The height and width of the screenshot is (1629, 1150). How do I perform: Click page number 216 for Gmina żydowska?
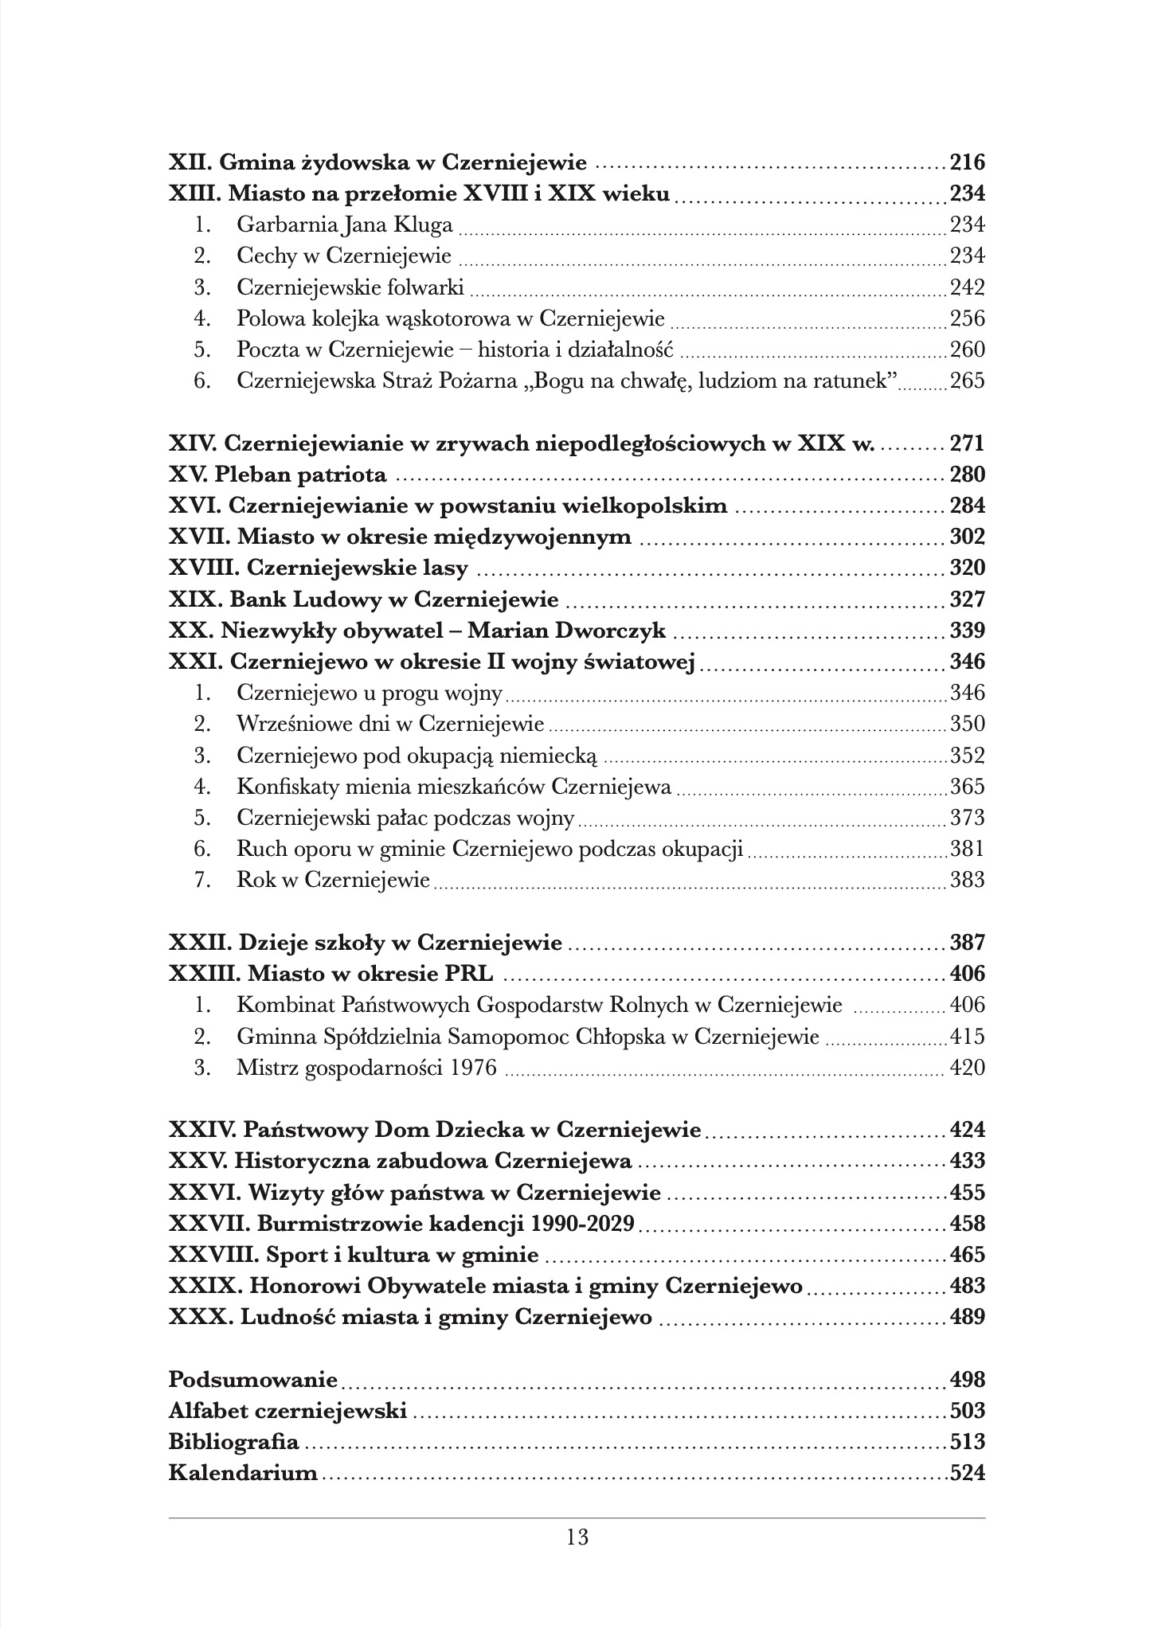point(968,163)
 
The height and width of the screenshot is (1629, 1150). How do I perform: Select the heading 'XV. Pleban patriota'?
point(278,475)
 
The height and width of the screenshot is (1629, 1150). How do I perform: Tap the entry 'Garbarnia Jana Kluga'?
point(344,225)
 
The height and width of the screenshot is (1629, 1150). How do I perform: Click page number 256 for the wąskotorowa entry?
point(968,319)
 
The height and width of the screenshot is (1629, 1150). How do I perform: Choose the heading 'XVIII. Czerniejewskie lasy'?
point(319,568)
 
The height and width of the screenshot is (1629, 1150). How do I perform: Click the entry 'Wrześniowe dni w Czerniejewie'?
point(390,725)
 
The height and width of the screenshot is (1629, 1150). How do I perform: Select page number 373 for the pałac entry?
point(968,818)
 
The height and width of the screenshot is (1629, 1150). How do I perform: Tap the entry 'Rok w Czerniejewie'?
point(333,881)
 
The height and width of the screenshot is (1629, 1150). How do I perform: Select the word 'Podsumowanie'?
point(253,1381)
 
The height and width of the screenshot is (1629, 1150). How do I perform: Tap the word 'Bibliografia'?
point(234,1443)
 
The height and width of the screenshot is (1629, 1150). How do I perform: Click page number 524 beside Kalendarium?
point(968,1474)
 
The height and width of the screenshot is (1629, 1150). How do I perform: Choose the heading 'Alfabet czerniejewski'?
point(288,1412)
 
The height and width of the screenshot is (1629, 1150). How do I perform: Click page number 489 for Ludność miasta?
point(968,1318)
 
